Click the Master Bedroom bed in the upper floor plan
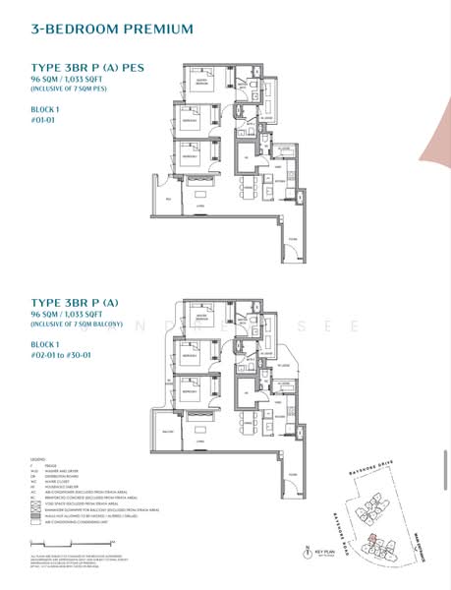199,86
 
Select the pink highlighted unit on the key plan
369,540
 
